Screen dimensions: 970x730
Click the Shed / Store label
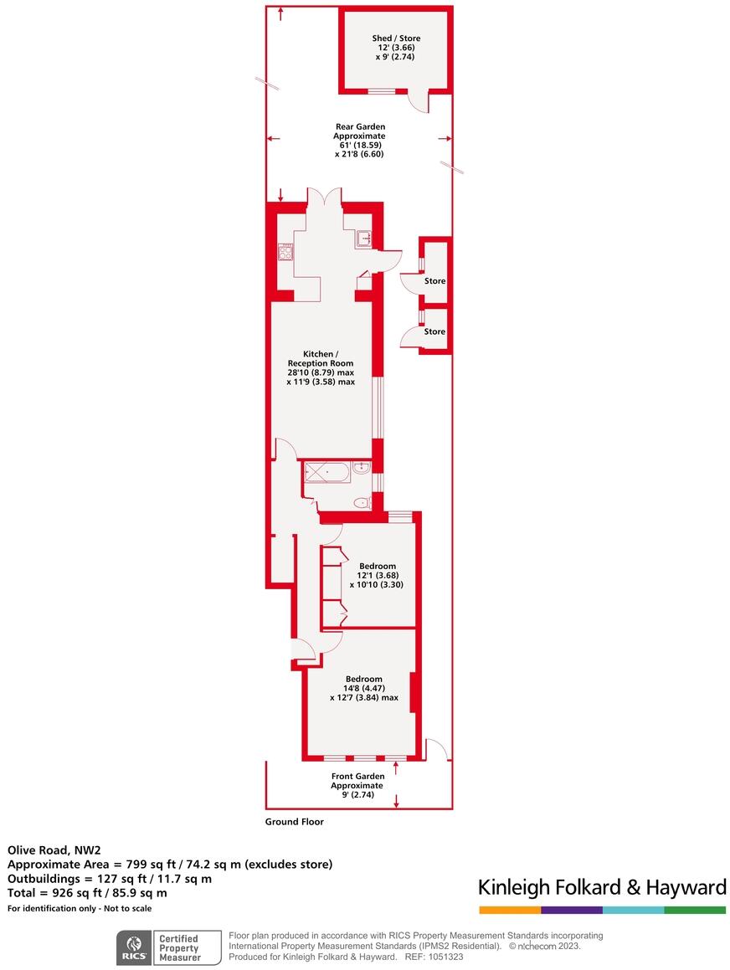[x=396, y=38]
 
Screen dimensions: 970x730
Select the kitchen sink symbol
[x=363, y=239]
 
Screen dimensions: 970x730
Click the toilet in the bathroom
[x=362, y=503]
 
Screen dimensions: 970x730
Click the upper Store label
[x=434, y=281]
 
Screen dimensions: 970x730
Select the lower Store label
[x=434, y=331]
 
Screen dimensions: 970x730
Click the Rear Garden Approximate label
[x=359, y=131]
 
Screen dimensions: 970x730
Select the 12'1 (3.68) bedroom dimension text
[x=377, y=575]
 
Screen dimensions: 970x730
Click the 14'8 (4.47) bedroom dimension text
[x=364, y=688]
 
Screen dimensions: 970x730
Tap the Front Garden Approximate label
[x=357, y=781]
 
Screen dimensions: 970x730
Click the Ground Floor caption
[x=294, y=822]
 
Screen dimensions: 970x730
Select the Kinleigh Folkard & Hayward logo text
[x=601, y=887]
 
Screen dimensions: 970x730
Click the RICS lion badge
[x=134, y=947]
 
